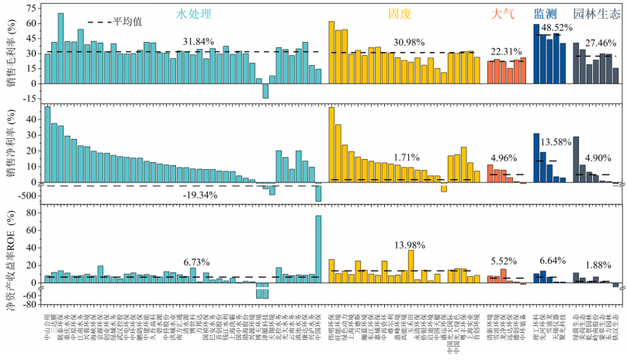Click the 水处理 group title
(194, 13)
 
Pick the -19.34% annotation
(200, 194)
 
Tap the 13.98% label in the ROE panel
(410, 246)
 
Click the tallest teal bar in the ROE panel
(318, 248)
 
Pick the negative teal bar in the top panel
(265, 90)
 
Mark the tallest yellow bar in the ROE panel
(410, 266)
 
